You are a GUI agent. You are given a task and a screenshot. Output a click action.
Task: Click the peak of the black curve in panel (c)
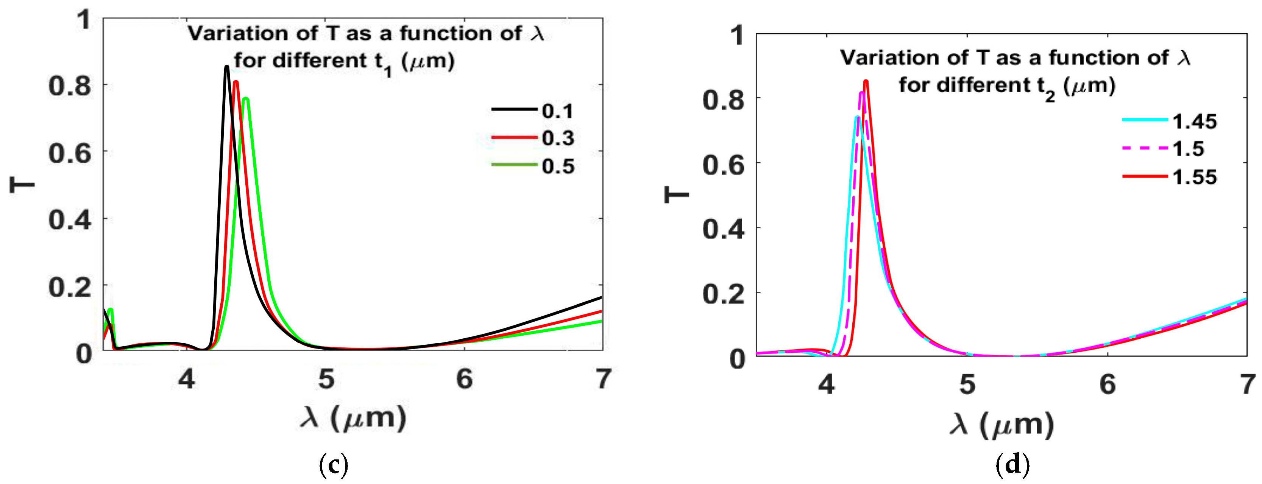[x=226, y=67]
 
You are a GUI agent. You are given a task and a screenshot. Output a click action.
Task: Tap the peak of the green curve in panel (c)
[x=246, y=99]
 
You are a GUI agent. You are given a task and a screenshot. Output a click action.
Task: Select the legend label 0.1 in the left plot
[x=557, y=111]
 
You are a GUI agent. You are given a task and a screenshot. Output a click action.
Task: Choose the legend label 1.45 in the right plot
[x=1194, y=121]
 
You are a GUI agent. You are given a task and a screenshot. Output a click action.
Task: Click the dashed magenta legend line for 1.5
[x=1145, y=148]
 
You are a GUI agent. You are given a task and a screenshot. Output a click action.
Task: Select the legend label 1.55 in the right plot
[x=1194, y=177]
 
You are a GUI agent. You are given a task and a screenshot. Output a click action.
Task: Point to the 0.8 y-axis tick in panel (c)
[x=70, y=86]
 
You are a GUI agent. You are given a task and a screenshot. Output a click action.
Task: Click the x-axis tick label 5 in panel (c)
[x=326, y=379]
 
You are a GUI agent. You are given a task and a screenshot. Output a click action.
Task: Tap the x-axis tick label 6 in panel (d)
[x=1108, y=384]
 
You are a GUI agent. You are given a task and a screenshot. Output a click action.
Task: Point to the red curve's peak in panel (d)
[x=866, y=81]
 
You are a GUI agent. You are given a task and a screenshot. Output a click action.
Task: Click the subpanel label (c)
[x=333, y=464]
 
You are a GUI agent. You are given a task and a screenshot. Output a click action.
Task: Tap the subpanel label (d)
[x=1012, y=464]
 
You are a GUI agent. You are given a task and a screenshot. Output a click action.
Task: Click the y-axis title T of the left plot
[x=23, y=185]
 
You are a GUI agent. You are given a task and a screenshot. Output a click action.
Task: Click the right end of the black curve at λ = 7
[x=601, y=297]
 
